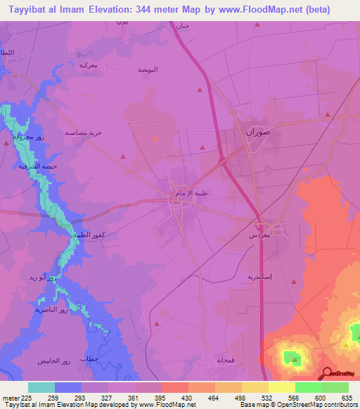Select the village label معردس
pos(261,236)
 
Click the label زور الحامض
pos(56,361)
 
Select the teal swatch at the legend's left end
pos(41,387)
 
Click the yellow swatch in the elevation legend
pos(282,387)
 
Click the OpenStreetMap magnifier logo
pos(327,374)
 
